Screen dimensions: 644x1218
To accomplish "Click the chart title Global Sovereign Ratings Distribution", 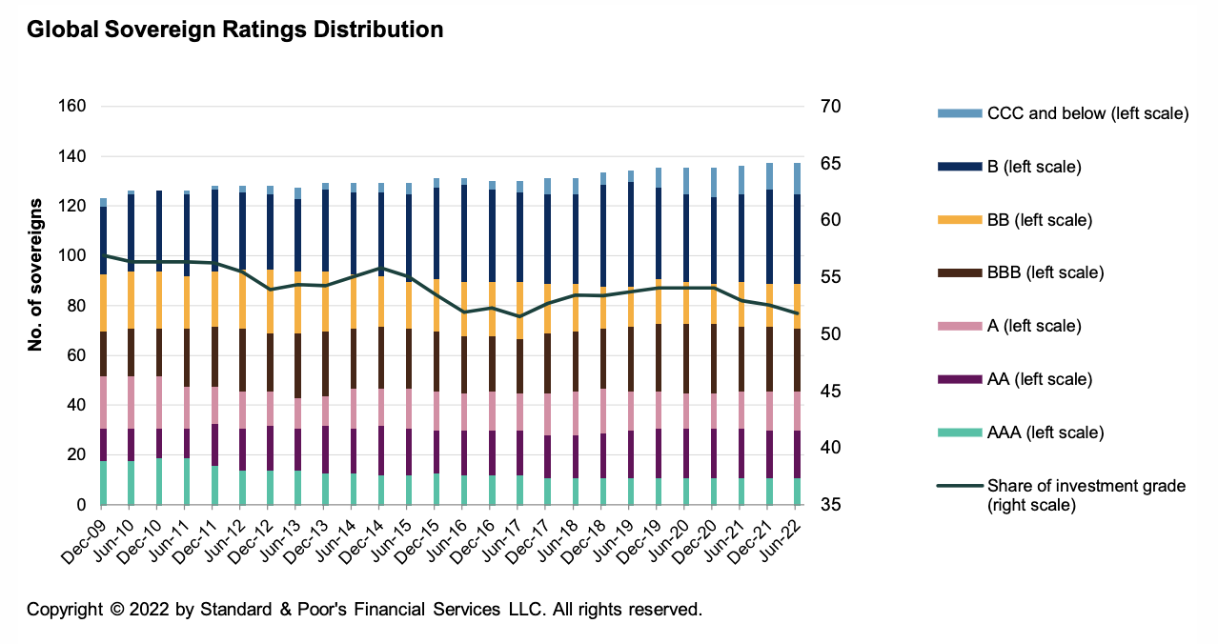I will (x=234, y=30).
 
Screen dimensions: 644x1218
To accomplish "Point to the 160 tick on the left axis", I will (x=71, y=107).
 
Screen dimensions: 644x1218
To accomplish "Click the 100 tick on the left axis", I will (x=71, y=256).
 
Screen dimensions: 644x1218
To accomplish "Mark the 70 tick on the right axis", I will (x=823, y=107).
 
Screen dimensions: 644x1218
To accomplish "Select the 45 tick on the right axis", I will (x=823, y=392).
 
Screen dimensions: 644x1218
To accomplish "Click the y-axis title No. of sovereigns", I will (x=36, y=275).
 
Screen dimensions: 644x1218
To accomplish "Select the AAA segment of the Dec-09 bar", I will (x=102, y=482).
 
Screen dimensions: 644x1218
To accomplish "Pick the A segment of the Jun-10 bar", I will (x=130, y=402).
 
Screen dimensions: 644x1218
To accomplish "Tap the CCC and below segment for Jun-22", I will (x=798, y=179).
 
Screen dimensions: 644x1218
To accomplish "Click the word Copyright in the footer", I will (x=65, y=610).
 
